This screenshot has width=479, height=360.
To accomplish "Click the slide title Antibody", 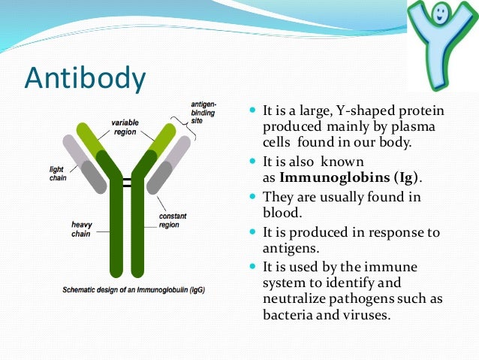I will click(x=84, y=78).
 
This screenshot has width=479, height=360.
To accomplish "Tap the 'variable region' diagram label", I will click(x=125, y=126).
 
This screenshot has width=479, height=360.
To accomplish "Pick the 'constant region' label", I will click(x=174, y=220).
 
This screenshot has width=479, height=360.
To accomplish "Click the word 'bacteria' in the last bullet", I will click(x=288, y=316).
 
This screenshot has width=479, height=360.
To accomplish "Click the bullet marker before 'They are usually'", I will click(x=252, y=197).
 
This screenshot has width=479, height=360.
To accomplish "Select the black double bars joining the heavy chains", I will click(x=127, y=183).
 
